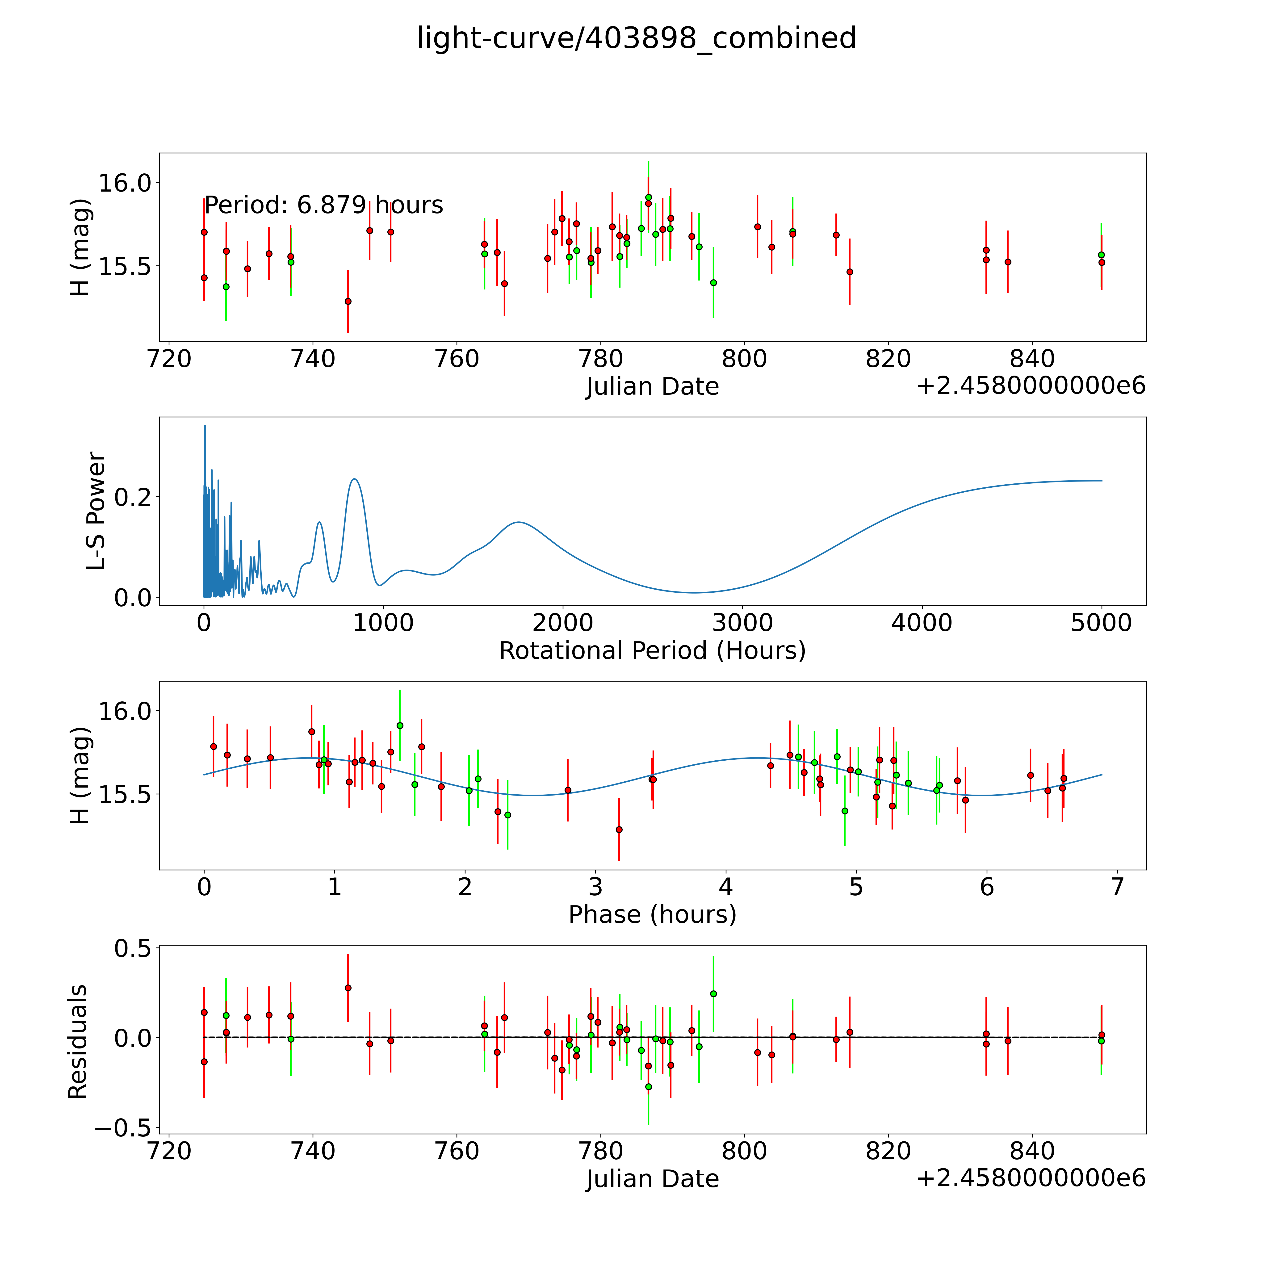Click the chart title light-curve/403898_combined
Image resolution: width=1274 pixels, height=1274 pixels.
pos(636,38)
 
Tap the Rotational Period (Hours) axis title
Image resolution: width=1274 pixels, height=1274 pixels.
pos(652,651)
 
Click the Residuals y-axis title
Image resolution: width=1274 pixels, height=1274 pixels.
pos(78,1042)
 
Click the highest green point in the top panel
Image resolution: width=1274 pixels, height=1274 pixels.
pos(648,197)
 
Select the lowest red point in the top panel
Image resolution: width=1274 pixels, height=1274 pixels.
pos(348,301)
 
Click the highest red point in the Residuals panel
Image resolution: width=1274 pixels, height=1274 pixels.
pos(348,988)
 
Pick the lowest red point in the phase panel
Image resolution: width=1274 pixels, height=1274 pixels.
pos(619,830)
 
